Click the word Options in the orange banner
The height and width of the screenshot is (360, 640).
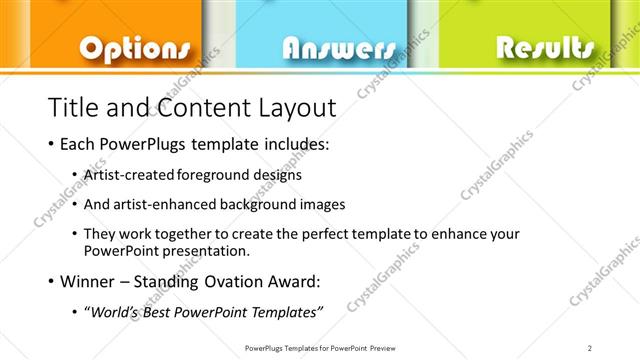134,48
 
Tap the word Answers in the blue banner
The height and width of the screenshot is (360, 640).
339,49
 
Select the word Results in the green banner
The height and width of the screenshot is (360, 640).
545,47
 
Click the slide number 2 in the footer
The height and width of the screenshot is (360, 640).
591,347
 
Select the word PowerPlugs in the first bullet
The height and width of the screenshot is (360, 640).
140,145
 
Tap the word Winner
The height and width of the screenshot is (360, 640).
87,281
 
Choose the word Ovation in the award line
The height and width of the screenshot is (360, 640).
234,281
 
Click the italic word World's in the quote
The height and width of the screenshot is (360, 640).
115,313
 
